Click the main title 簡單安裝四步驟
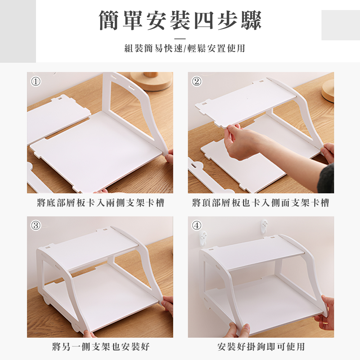click(x=180, y=21)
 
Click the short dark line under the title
click(x=180, y=38)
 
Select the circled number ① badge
click(x=35, y=81)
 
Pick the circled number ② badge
click(x=196, y=81)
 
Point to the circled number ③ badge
click(x=35, y=225)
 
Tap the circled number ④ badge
click(x=196, y=225)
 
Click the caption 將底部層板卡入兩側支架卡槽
click(x=100, y=203)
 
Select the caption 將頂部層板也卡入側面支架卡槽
click(x=261, y=203)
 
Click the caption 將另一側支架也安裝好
click(x=100, y=347)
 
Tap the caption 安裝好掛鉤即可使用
click(x=261, y=347)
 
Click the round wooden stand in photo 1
click(x=151, y=81)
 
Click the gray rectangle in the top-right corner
click(x=341, y=25)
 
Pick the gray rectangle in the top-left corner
click(x=18, y=31)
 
